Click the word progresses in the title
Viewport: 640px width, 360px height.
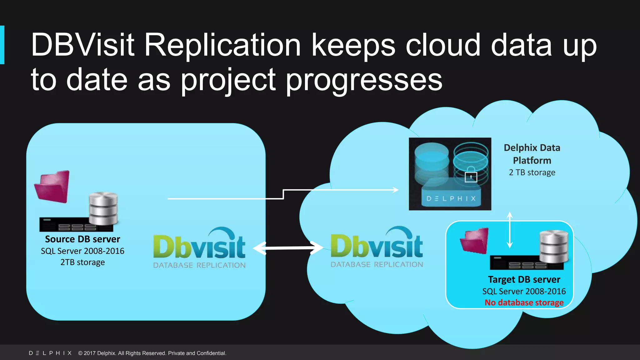point(364,81)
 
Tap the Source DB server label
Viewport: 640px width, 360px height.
point(82,239)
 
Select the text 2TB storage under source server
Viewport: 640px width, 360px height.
point(82,262)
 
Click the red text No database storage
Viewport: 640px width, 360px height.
point(524,302)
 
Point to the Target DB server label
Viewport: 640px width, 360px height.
point(524,279)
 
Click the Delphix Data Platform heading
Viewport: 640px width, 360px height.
point(532,154)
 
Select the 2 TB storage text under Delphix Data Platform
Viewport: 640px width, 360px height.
point(532,172)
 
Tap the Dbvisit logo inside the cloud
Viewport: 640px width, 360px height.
point(377,247)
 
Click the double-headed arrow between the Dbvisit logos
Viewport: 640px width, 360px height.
point(288,248)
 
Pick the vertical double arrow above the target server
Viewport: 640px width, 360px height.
point(510,230)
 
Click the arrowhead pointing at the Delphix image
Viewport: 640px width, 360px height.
point(396,190)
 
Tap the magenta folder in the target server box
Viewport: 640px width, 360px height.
point(475,241)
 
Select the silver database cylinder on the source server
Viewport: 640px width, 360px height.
point(103,208)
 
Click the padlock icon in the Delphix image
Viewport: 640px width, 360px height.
point(471,177)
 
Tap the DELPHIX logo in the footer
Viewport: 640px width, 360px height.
point(50,353)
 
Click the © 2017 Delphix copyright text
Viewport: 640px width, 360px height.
point(152,353)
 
